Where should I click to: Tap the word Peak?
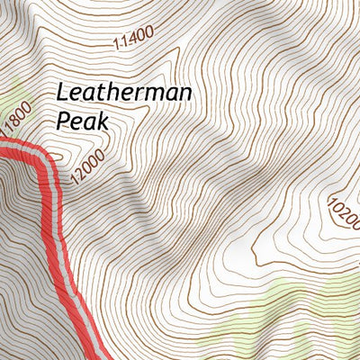point(81,120)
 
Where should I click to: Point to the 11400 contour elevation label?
point(134,37)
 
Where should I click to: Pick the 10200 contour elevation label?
point(343,212)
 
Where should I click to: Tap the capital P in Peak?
point(62,120)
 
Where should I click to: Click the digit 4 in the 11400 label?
point(131,38)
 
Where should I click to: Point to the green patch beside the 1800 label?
point(11,99)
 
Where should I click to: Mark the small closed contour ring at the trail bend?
point(56,158)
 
